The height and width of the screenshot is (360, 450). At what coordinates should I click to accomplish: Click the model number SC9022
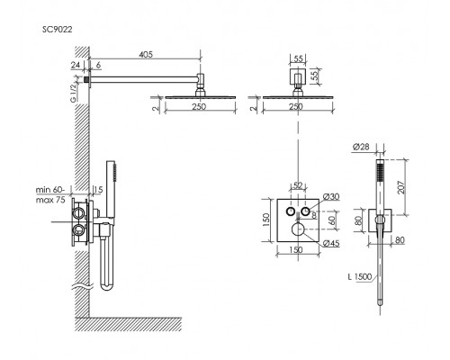(57, 30)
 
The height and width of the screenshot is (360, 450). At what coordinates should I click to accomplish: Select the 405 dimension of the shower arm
(146, 54)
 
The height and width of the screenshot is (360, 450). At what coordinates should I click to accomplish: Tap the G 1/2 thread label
(74, 93)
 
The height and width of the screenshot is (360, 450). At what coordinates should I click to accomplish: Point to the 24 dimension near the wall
(76, 65)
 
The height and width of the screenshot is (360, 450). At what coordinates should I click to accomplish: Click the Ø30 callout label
(331, 197)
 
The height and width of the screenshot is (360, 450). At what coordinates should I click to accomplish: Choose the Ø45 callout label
(331, 243)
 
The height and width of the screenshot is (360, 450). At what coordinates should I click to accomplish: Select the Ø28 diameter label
(361, 147)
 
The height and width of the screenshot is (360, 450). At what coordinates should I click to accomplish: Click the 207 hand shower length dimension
(401, 187)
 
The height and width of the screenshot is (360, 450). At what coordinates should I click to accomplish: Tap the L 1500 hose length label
(360, 276)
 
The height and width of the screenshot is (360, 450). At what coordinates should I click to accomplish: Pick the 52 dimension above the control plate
(297, 185)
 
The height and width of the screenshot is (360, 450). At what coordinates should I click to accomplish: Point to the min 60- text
(50, 190)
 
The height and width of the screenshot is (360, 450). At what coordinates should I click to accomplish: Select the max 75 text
(50, 200)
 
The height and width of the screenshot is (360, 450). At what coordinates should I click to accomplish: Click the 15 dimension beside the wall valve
(98, 190)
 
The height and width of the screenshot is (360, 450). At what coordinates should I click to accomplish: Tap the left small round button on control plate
(291, 211)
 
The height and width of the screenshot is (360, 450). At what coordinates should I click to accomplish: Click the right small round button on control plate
(306, 211)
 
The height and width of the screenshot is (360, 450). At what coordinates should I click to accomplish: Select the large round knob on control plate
(298, 229)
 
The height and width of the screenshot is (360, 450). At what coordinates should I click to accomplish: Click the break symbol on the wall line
(81, 288)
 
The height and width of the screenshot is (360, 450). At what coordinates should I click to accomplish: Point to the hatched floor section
(128, 324)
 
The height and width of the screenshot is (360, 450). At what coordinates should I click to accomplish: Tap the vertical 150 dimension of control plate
(266, 220)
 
